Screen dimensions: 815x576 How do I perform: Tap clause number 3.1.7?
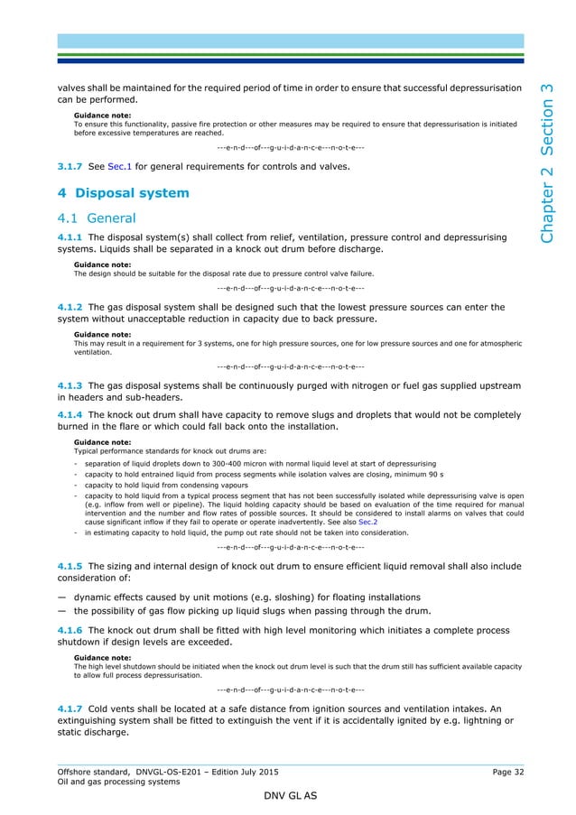tap(71, 166)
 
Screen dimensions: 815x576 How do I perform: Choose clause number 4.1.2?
tap(71, 307)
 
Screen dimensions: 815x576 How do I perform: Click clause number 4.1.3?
tap(71, 385)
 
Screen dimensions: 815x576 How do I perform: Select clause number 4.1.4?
tap(71, 415)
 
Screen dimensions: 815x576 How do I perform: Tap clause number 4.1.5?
tap(71, 566)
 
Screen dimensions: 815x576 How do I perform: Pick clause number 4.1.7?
tap(71, 709)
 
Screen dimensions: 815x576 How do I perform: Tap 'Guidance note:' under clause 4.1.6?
tap(102, 658)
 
